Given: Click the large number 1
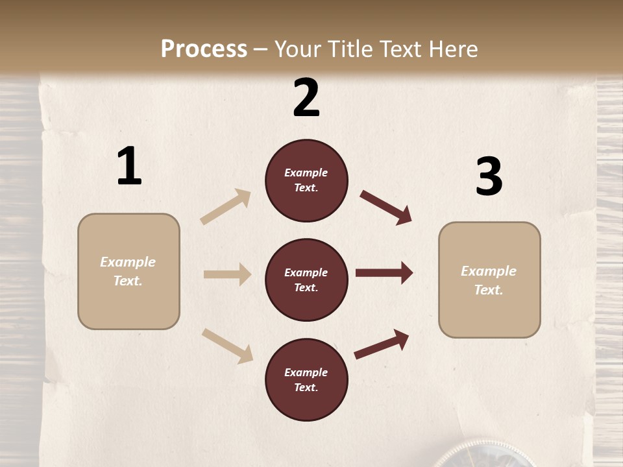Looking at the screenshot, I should pos(129,167).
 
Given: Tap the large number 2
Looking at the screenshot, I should pos(306,98).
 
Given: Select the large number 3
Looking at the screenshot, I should pos(489,177).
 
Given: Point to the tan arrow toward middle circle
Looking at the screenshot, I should pos(227,274).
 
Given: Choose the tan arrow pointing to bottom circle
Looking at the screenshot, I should pos(227,345).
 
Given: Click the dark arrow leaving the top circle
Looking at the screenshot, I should pos(386,207).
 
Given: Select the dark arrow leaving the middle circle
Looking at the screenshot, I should pos(384,273).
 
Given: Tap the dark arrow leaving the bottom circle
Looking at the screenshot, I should pos(382,344).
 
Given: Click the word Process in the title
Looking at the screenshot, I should pos(204,49).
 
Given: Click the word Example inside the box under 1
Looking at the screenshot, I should pos(128,262).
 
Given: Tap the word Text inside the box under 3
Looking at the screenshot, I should pos(489,290).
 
